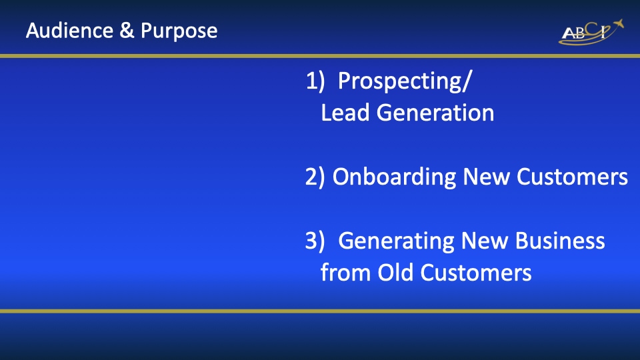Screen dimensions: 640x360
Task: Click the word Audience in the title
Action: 69,31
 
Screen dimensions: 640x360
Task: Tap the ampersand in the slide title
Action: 127,31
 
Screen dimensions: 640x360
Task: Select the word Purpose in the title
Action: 179,31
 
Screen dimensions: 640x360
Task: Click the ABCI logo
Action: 591,32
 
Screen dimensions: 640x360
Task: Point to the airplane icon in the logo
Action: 617,24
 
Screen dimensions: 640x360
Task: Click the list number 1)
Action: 315,81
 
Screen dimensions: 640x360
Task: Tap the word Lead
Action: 345,113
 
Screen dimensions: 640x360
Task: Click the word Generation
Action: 435,113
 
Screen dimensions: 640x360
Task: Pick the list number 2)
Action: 315,177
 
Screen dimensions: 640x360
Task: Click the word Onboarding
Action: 394,177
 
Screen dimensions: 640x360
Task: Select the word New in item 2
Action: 486,177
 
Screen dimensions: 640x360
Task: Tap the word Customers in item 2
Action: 572,177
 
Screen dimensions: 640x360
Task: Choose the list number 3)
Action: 315,241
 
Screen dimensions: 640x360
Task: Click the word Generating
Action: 396,241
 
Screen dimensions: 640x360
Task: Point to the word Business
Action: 560,241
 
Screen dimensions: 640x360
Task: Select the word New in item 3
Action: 484,241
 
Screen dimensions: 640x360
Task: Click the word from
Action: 345,272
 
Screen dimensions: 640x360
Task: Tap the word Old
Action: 395,272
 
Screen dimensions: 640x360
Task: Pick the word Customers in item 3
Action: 476,272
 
